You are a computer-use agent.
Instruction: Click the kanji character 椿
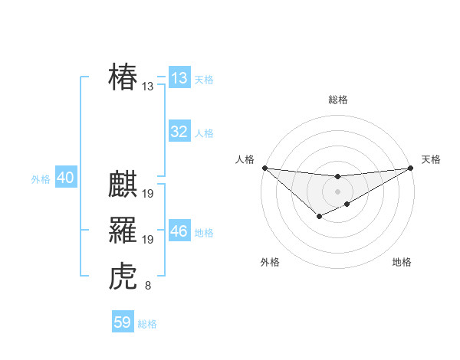coord(123,77)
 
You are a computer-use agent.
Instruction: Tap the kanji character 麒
coord(123,185)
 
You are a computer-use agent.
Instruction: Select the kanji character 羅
coord(123,230)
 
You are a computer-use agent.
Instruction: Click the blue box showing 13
coord(179,78)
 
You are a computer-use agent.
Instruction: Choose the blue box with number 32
coord(179,132)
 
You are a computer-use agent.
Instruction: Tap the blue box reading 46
coord(179,231)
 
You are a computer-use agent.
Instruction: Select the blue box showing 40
coord(65,178)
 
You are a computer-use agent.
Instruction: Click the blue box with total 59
coord(123,322)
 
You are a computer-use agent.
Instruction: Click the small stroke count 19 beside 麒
coord(148,194)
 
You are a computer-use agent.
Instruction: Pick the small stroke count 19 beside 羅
coord(148,240)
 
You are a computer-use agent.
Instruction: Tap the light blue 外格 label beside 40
coord(41,179)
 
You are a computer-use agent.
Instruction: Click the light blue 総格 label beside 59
coord(147,324)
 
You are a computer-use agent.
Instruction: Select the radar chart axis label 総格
coord(337,100)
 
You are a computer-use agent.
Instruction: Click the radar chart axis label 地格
coord(402,263)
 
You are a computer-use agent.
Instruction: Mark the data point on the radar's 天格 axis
coord(410,168)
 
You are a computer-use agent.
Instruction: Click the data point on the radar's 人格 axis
coord(264,168)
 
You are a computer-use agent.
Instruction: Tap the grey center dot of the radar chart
coord(337,191)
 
